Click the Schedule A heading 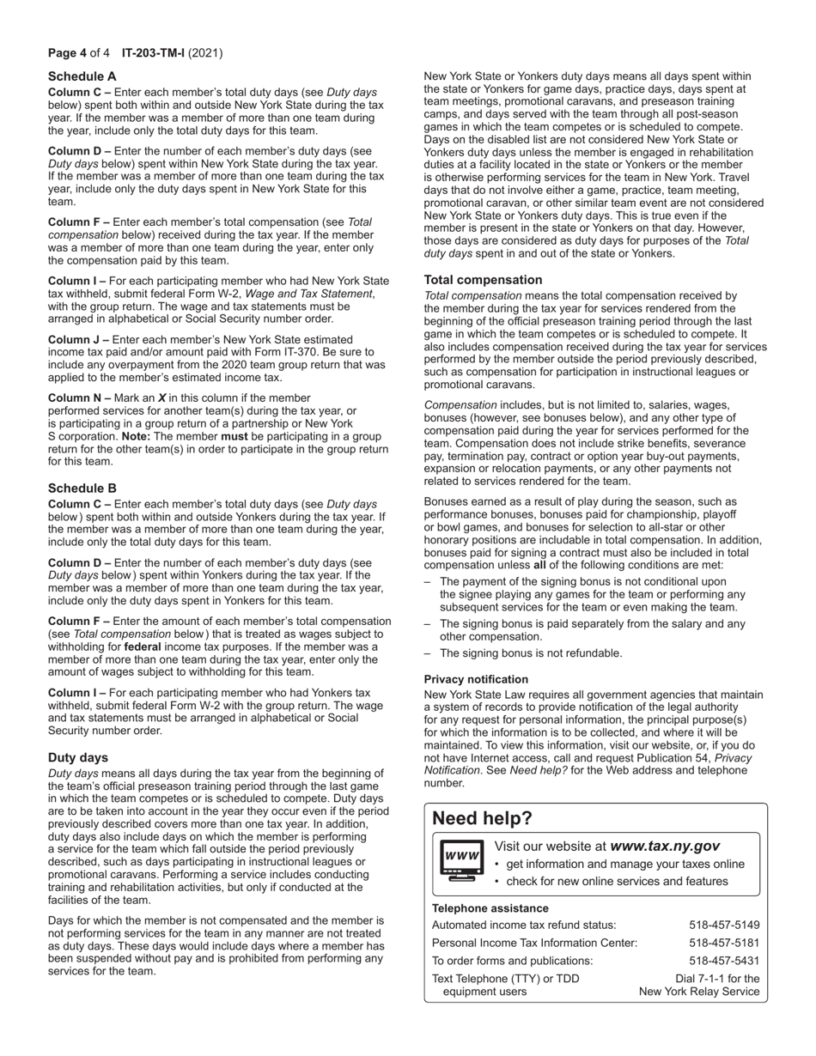tap(82, 76)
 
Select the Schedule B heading tap(82, 488)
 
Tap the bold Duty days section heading tap(78, 757)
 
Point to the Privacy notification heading tap(476, 679)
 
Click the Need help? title tap(482, 818)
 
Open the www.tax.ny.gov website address tap(665, 847)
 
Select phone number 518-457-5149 tap(724, 925)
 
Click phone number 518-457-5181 tap(724, 943)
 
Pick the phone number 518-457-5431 tap(724, 961)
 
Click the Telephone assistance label tap(490, 908)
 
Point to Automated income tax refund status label tap(524, 925)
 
